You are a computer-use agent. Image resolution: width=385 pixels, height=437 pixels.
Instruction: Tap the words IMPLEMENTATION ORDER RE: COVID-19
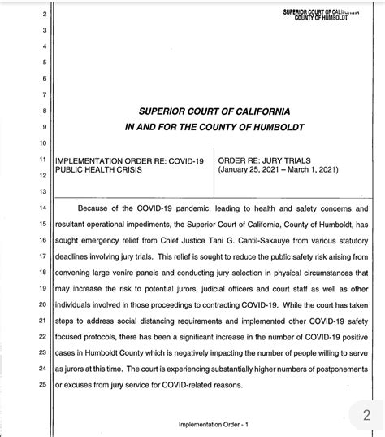tap(128, 161)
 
